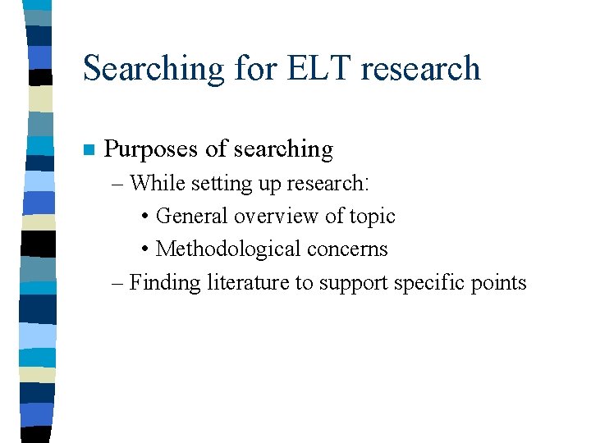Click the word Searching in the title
152,68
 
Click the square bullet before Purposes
89,150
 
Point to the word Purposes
152,149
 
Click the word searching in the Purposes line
283,150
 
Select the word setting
222,183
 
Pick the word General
192,216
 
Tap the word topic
371,217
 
